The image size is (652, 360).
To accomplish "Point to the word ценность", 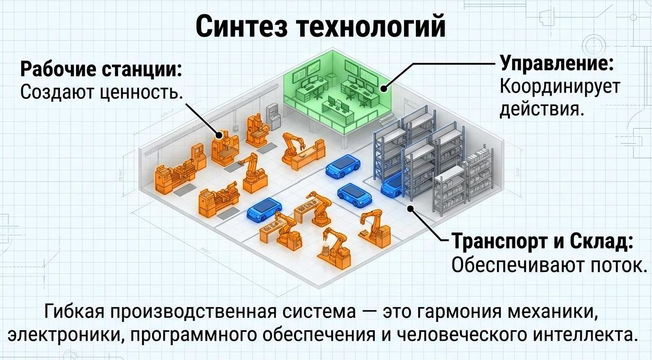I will (139, 92).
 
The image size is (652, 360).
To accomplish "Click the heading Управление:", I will (557, 63).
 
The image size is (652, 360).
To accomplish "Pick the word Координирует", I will (559, 86).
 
